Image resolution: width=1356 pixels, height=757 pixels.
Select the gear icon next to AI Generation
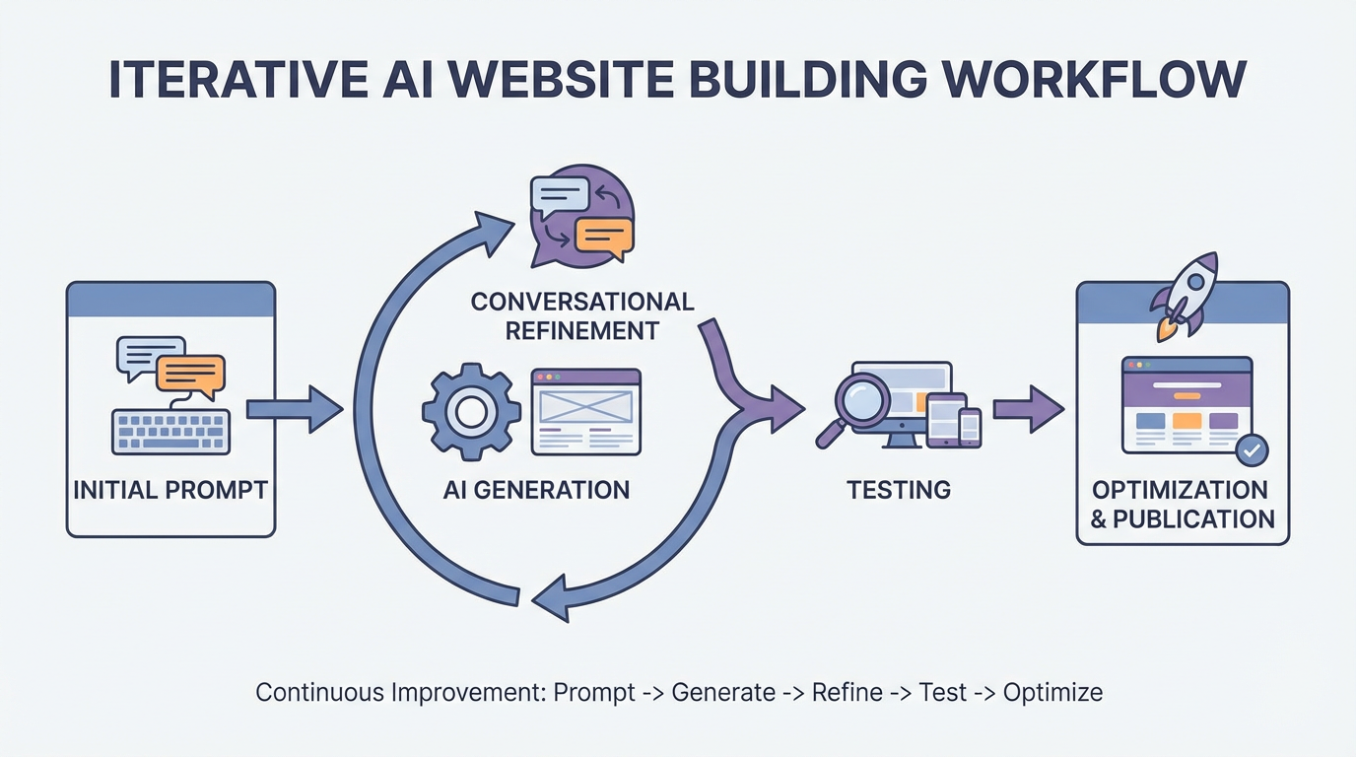pos(471,412)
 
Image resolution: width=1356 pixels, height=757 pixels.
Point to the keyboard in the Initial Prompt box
pos(170,431)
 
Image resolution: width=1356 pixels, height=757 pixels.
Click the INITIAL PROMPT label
pos(170,490)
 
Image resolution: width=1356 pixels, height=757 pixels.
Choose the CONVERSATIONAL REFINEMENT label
pos(581,315)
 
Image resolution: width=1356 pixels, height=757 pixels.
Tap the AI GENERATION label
pos(536,490)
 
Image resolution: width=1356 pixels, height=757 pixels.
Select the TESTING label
pos(899,489)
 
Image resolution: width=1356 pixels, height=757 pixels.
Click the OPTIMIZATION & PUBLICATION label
pos(1183,504)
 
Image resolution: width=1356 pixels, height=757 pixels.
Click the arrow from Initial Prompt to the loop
pos(294,409)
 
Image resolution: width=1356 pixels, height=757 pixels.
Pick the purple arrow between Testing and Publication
pos(1028,409)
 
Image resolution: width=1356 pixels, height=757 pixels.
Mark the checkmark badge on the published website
pos(1252,450)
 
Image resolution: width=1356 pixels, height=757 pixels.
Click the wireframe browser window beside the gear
pos(585,412)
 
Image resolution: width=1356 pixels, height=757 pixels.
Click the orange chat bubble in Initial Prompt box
pos(190,374)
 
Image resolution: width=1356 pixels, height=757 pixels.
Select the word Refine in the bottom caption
pos(847,692)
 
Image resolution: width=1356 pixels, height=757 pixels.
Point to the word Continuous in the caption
pos(316,692)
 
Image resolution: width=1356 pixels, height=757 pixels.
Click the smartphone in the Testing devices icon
pos(970,426)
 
